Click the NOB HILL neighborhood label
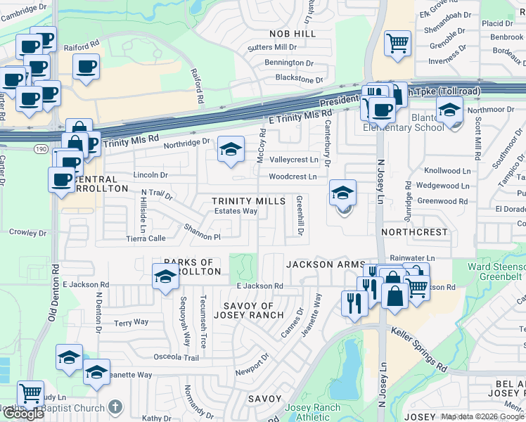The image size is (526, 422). pos(293,33)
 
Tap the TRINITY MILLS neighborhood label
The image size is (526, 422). pos(249,201)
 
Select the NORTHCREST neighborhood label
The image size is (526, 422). pos(414,231)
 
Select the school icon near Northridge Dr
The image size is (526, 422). pos(230,150)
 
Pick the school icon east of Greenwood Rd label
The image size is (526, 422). pos(343,193)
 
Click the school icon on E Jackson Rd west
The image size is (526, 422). pos(165,276)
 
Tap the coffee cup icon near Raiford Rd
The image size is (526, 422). pos(86,67)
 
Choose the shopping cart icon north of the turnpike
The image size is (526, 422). pos(397,42)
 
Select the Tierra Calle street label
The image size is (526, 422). pos(146,238)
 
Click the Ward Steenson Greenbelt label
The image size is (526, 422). pos(496,272)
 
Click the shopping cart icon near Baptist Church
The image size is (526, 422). pos(30,394)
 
